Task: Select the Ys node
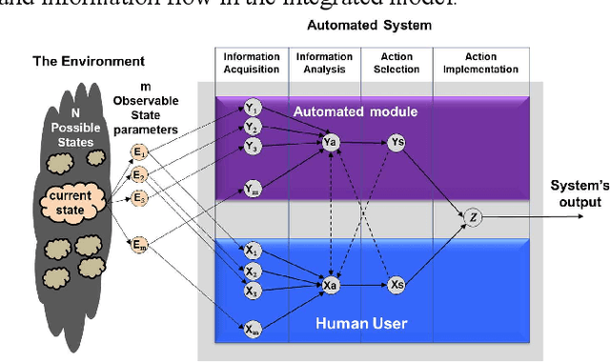click(x=397, y=143)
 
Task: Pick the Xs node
click(x=397, y=284)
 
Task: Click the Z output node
click(x=474, y=218)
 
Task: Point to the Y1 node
click(x=252, y=108)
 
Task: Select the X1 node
click(x=252, y=249)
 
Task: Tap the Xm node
click(x=252, y=330)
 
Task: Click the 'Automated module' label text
click(x=381, y=111)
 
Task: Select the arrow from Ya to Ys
click(x=364, y=143)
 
